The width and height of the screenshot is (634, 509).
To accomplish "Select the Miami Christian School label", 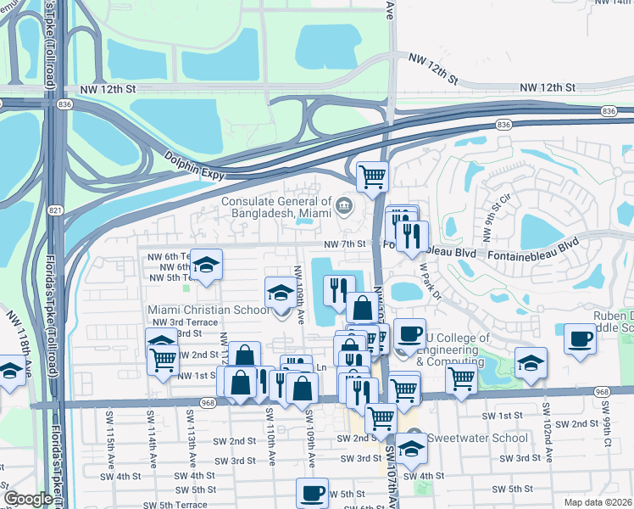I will click(x=209, y=310).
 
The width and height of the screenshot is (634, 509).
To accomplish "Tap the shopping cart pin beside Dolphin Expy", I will click(x=372, y=177).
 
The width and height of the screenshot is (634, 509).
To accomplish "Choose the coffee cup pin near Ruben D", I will click(x=581, y=339).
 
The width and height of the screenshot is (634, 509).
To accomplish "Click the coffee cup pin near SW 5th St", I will click(x=312, y=493).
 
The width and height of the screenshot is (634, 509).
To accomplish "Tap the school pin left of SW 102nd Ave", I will click(x=531, y=363).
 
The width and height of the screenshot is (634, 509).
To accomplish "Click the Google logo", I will click(x=28, y=499).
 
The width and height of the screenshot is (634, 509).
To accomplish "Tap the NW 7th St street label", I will click(x=348, y=244).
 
